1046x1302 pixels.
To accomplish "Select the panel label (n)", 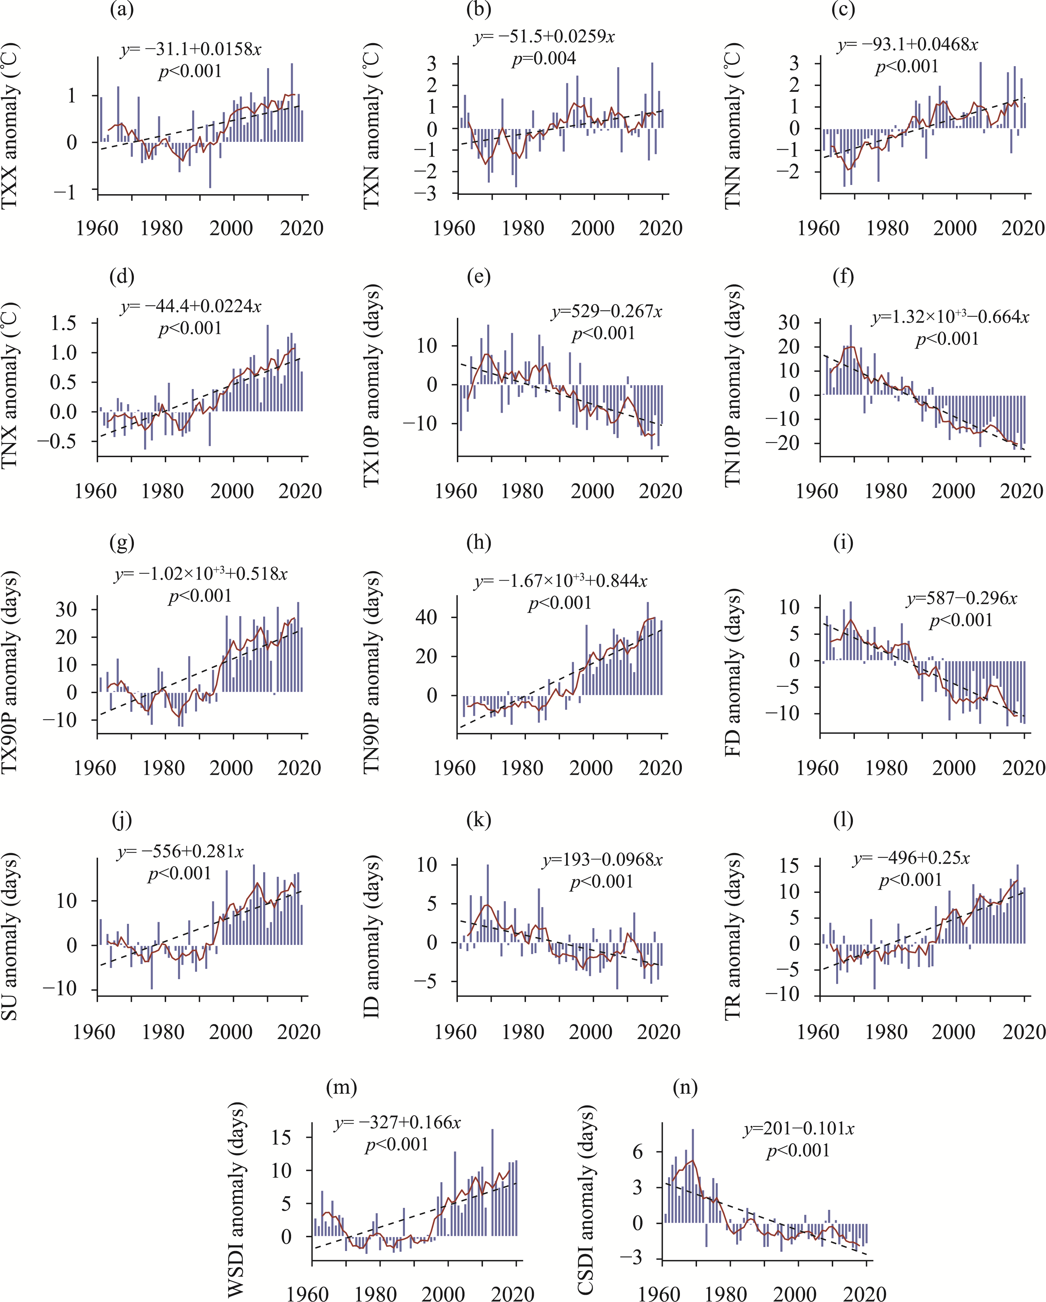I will click(x=685, y=1088).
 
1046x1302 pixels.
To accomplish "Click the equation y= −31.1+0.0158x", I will click(x=191, y=49).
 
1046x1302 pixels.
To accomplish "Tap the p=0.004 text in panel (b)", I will click(x=544, y=59).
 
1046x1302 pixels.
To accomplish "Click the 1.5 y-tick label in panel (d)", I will click(x=63, y=323).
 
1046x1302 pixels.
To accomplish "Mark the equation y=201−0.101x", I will click(x=799, y=1129).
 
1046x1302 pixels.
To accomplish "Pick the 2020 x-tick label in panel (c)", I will click(x=1022, y=228).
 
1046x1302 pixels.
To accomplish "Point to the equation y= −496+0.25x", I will click(x=911, y=858).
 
